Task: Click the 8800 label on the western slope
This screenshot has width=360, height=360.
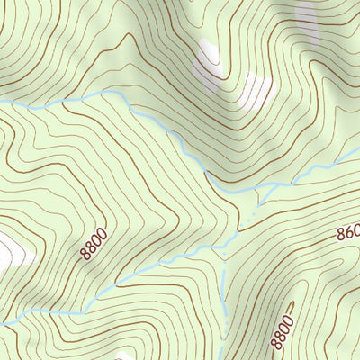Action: coord(93,243)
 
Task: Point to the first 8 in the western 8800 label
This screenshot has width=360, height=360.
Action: coord(85,254)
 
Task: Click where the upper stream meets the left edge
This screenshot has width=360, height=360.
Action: coord(2,102)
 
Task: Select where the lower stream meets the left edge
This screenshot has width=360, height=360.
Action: coord(2,321)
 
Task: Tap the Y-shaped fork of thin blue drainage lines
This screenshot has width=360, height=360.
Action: coord(261,190)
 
